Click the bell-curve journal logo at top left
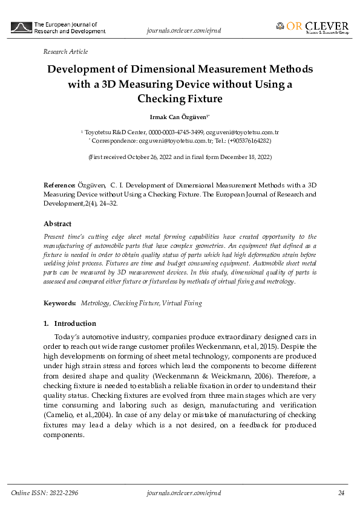[22, 28]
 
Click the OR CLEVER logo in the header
[312, 27]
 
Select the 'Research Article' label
[65, 52]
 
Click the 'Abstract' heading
[57, 224]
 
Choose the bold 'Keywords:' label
[60, 303]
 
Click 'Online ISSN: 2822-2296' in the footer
[45, 494]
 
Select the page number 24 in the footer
[341, 494]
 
